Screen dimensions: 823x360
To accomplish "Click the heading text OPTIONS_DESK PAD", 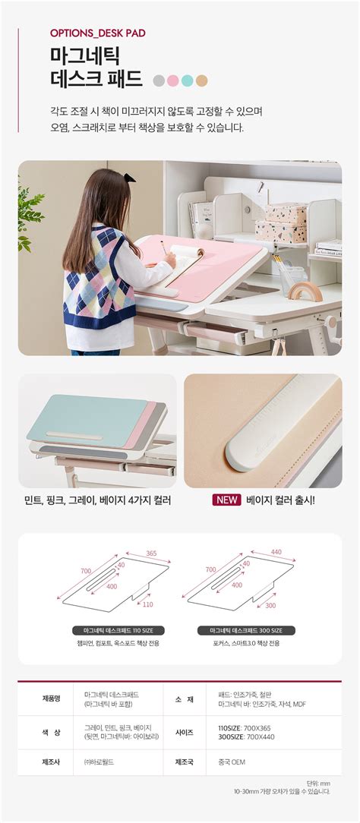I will pos(97,33).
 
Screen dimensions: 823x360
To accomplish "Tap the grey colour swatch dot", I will pos(159,80).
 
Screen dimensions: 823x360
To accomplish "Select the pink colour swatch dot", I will pos(173,80).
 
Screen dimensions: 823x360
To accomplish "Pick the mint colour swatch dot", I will pos(187,80).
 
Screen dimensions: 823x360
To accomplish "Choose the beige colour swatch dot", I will pos(201,80).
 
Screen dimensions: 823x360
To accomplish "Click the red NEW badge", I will pos(226,500).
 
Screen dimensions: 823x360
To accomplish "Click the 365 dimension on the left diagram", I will pos(151,553).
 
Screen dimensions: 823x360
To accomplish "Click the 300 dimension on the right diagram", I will pos(270,605).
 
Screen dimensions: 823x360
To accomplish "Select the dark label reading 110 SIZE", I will pos(118,630).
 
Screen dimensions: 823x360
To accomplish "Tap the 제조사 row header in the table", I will pos(50,762).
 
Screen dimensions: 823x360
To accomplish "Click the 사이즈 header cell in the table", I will pos(184,731).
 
